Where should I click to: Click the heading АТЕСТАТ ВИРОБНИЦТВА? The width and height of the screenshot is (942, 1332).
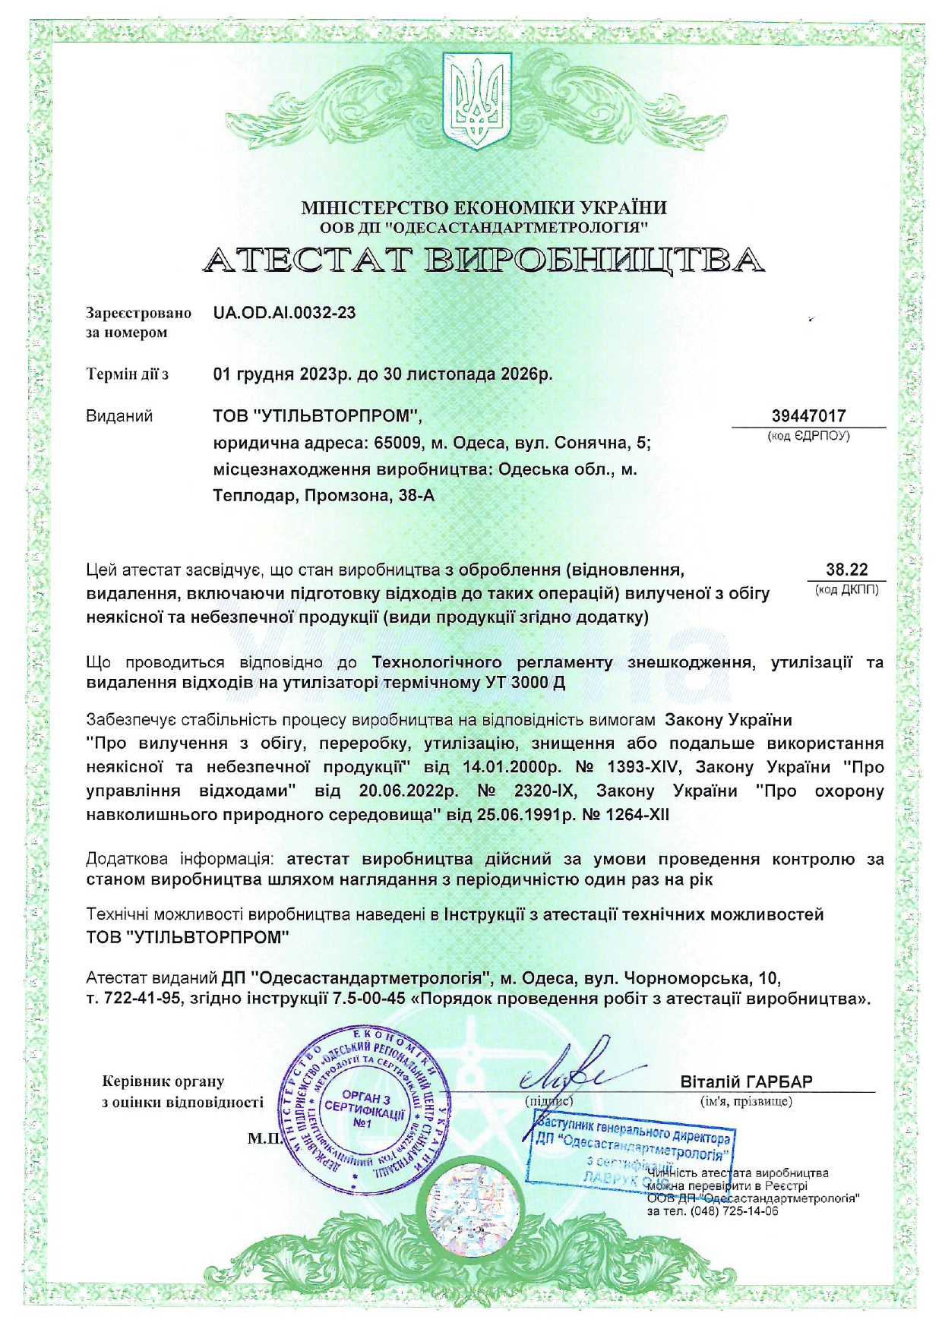(483, 260)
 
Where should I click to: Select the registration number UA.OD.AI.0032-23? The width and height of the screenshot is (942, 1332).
(284, 312)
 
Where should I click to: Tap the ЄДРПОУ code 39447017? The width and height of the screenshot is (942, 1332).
(808, 415)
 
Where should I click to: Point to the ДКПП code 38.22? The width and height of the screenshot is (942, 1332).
(846, 570)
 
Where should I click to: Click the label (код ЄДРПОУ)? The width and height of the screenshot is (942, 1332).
(808, 436)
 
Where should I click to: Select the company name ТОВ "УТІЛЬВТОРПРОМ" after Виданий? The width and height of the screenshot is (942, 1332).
(316, 416)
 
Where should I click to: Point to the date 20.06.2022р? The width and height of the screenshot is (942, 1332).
(408, 791)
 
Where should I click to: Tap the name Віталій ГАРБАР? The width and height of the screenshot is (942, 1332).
(746, 1081)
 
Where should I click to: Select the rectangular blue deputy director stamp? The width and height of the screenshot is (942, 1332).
(632, 1147)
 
